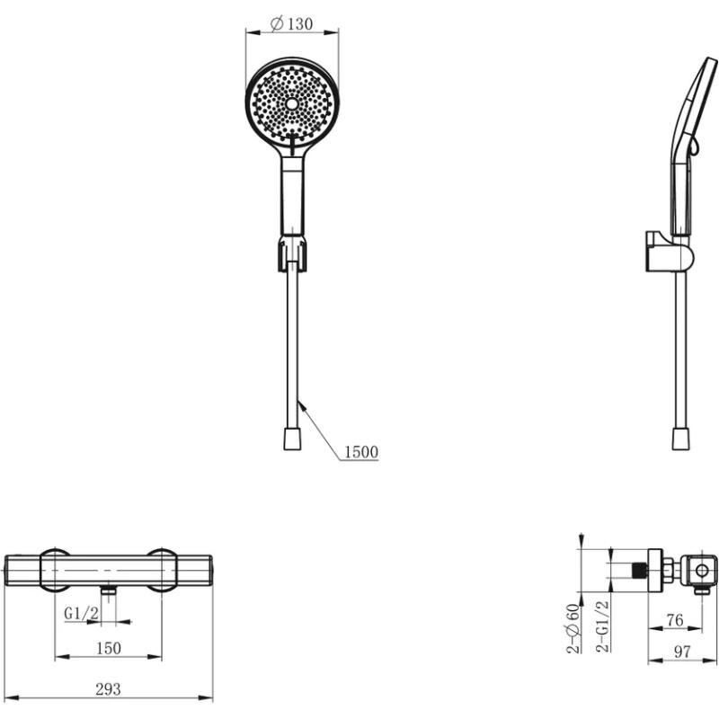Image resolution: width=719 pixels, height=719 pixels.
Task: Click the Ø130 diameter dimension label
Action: (x=291, y=23)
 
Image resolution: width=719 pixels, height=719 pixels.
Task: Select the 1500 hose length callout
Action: (x=361, y=452)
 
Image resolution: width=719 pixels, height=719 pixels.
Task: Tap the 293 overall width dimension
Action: (x=108, y=688)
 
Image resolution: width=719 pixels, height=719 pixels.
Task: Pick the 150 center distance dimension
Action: (x=109, y=648)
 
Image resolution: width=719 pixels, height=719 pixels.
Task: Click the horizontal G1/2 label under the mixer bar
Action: (x=81, y=613)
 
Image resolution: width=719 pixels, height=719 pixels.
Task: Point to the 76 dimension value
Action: (x=675, y=620)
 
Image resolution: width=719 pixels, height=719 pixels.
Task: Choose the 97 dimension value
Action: (x=682, y=651)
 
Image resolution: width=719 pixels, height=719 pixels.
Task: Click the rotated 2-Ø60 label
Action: (x=573, y=628)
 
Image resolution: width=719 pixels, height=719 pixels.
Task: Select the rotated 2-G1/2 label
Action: (x=602, y=626)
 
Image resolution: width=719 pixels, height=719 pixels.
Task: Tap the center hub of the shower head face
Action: (x=291, y=104)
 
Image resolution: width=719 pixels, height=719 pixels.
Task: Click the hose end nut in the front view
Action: (x=292, y=439)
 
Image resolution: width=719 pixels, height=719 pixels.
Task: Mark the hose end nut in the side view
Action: (x=681, y=439)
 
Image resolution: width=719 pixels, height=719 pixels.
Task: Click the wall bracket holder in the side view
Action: (x=669, y=252)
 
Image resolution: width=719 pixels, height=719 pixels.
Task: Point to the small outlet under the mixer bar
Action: (x=108, y=590)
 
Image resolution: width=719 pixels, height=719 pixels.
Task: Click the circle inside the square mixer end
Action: (x=702, y=571)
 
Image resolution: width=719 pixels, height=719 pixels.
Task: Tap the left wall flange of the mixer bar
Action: (x=55, y=570)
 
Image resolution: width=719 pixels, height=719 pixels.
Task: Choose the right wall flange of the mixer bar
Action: (x=162, y=570)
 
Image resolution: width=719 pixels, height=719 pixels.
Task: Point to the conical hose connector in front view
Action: (x=291, y=253)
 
